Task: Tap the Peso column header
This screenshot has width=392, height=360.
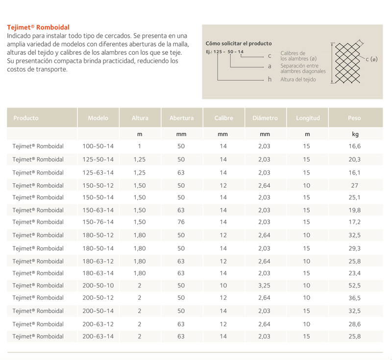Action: [354, 118]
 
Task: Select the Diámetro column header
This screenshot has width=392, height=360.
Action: [265, 118]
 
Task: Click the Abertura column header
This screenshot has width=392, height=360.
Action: [181, 118]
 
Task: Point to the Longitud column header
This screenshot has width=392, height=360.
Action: [308, 118]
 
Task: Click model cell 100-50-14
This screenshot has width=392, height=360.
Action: [98, 146]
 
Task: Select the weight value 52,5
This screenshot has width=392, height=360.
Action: [355, 285]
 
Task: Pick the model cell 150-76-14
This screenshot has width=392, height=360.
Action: [98, 222]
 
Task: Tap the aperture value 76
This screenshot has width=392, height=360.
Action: [181, 222]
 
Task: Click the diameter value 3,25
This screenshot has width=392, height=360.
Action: [265, 285]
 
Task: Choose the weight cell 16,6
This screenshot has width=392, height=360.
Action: [355, 146]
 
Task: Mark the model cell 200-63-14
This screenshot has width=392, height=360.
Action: [98, 336]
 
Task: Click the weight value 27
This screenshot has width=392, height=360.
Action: [355, 186]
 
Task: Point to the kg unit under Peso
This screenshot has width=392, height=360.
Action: [355, 134]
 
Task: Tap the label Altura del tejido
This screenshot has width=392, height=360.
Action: [298, 79]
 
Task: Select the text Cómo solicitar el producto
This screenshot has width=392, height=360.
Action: [239, 44]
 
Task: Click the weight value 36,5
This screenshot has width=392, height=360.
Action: [355, 298]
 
